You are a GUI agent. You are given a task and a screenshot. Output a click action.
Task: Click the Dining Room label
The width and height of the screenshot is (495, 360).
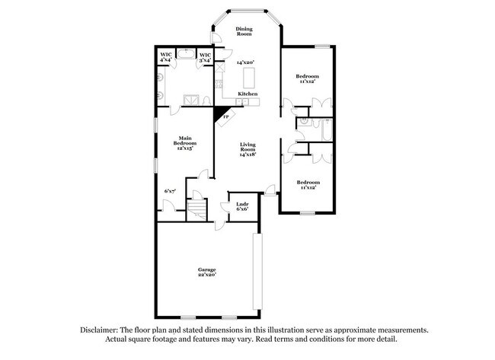click(x=243, y=31)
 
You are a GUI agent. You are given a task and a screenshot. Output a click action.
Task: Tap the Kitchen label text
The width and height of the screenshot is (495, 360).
click(x=247, y=94)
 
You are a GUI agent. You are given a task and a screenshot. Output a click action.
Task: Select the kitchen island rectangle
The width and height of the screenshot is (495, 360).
click(x=249, y=76)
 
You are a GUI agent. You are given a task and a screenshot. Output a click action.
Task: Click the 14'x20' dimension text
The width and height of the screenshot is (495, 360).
click(x=244, y=62)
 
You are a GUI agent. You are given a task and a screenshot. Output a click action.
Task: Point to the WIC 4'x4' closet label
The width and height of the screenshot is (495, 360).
click(x=166, y=57)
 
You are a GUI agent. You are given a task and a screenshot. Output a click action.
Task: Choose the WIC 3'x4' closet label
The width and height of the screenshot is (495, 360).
click(x=205, y=57)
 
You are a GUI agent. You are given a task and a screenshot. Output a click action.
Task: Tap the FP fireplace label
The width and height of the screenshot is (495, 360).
click(x=225, y=116)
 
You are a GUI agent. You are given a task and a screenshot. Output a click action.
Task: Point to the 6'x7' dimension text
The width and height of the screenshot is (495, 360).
click(x=170, y=190)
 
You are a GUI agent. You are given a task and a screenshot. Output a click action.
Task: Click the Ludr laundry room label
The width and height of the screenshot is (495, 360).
click(x=241, y=205)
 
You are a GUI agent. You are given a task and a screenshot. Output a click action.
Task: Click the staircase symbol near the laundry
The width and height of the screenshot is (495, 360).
click(x=197, y=208)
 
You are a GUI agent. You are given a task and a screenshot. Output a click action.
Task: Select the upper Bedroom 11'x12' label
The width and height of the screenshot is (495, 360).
click(x=307, y=78)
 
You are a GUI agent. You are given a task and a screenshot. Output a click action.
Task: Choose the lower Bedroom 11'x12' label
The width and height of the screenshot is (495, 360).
click(x=308, y=185)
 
